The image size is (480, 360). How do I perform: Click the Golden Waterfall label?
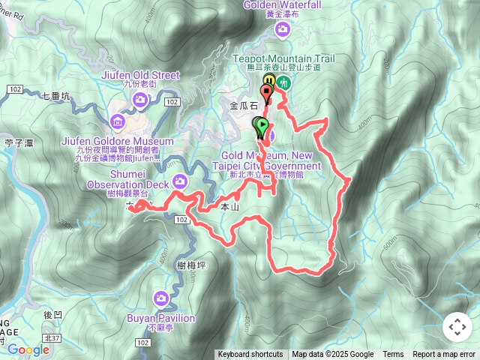pos(282,5)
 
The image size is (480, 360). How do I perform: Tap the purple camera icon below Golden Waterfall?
pos(282,29)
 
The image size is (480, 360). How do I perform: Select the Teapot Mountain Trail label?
pos(283,58)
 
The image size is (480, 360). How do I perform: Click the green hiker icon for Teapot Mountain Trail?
pos(283,82)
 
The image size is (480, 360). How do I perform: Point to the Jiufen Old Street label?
pos(139,75)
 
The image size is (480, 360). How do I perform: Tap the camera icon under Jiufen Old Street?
pos(140,100)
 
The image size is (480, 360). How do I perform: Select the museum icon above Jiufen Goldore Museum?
pos(116,121)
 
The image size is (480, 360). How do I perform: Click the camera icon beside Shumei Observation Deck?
pos(180,181)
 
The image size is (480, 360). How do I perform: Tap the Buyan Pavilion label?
pos(161,319)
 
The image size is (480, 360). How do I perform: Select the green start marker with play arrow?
pos(262,128)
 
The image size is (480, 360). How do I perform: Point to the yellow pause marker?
pos(268,81)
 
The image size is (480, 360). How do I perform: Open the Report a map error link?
pos(445,355)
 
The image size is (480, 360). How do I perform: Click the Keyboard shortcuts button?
pos(250,355)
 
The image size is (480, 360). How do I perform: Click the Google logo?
pos(28,349)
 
